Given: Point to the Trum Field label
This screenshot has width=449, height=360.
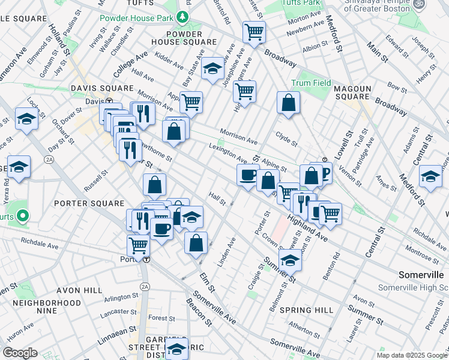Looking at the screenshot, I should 311,82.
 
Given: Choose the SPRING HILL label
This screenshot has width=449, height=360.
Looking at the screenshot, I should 310,310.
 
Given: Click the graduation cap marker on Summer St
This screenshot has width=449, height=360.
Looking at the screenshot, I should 291,260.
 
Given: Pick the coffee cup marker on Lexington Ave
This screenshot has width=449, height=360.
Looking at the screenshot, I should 248,175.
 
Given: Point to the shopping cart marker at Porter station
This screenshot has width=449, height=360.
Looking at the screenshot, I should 139,245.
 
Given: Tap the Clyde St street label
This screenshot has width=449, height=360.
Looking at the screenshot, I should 286,139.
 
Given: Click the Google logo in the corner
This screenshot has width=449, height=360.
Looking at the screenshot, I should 20,352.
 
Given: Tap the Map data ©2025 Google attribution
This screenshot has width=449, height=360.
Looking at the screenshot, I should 411,355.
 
